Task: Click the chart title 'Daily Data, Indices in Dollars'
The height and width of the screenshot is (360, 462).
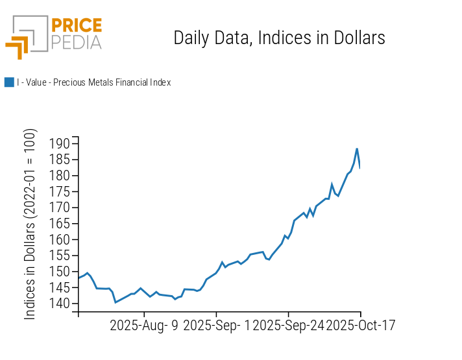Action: [x=279, y=38]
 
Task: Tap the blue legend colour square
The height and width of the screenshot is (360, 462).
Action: [x=9, y=82]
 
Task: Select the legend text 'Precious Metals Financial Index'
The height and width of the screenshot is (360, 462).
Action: [x=93, y=82]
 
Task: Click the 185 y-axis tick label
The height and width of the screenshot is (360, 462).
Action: [x=60, y=160]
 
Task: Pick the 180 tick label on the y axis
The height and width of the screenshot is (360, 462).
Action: [x=60, y=176]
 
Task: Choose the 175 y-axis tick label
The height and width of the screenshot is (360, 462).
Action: [x=60, y=192]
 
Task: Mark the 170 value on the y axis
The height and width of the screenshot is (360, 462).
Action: [x=60, y=208]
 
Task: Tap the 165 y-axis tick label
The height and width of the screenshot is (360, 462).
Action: [x=60, y=224]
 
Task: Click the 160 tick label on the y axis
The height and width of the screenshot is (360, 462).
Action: [x=60, y=239]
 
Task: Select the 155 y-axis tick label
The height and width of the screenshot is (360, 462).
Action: [x=60, y=256]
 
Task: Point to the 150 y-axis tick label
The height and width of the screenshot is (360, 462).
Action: [x=60, y=272]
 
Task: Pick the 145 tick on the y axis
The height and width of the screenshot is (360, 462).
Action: [x=60, y=287]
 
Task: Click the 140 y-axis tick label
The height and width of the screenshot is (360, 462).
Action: [x=60, y=304]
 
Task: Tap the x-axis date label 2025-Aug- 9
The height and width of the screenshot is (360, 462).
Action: [x=144, y=325]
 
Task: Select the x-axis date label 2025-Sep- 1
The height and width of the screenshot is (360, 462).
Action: [x=217, y=325]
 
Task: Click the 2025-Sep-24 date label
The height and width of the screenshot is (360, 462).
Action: [x=288, y=325]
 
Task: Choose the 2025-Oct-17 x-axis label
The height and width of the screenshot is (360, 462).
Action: [x=361, y=325]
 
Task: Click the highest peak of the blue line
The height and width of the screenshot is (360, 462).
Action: [x=356, y=149]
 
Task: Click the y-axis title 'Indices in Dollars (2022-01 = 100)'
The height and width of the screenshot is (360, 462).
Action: [x=30, y=224]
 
